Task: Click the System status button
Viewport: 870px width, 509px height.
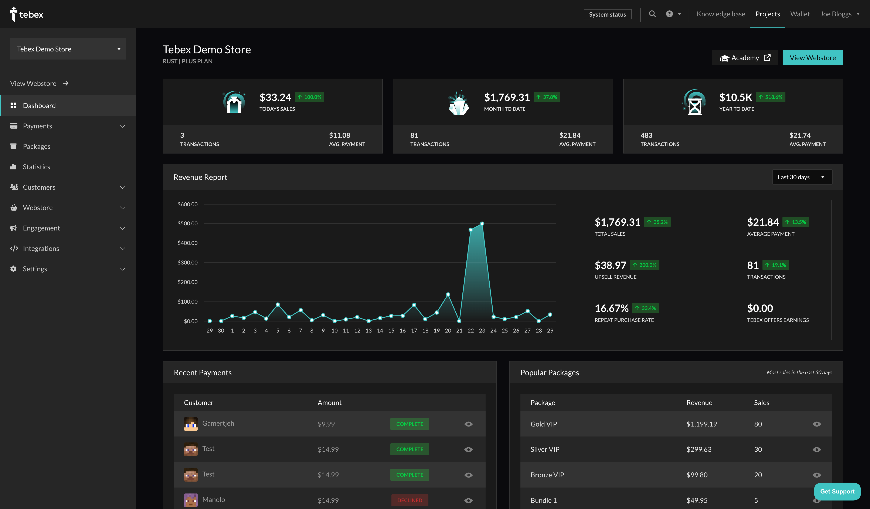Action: tap(607, 14)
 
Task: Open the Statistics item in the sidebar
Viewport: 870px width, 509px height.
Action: tap(36, 167)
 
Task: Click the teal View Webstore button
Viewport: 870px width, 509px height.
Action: tap(812, 58)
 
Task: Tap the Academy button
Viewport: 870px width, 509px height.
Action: tap(745, 58)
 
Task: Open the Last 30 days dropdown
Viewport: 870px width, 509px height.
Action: tap(802, 177)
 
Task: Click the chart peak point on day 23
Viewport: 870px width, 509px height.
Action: tap(482, 224)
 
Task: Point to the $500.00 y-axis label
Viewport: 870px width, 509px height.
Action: tap(187, 223)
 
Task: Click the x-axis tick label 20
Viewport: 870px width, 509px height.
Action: tap(448, 330)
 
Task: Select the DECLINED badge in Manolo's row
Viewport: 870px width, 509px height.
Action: tap(409, 500)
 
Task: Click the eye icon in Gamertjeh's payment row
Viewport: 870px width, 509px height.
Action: tap(468, 424)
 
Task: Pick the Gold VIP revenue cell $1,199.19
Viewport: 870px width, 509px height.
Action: tap(701, 424)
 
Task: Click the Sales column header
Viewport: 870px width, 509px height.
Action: tap(761, 403)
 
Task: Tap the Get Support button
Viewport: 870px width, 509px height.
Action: tap(837, 491)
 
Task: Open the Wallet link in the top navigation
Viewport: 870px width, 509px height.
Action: tap(800, 14)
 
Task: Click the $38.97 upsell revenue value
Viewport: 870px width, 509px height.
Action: tap(610, 265)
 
